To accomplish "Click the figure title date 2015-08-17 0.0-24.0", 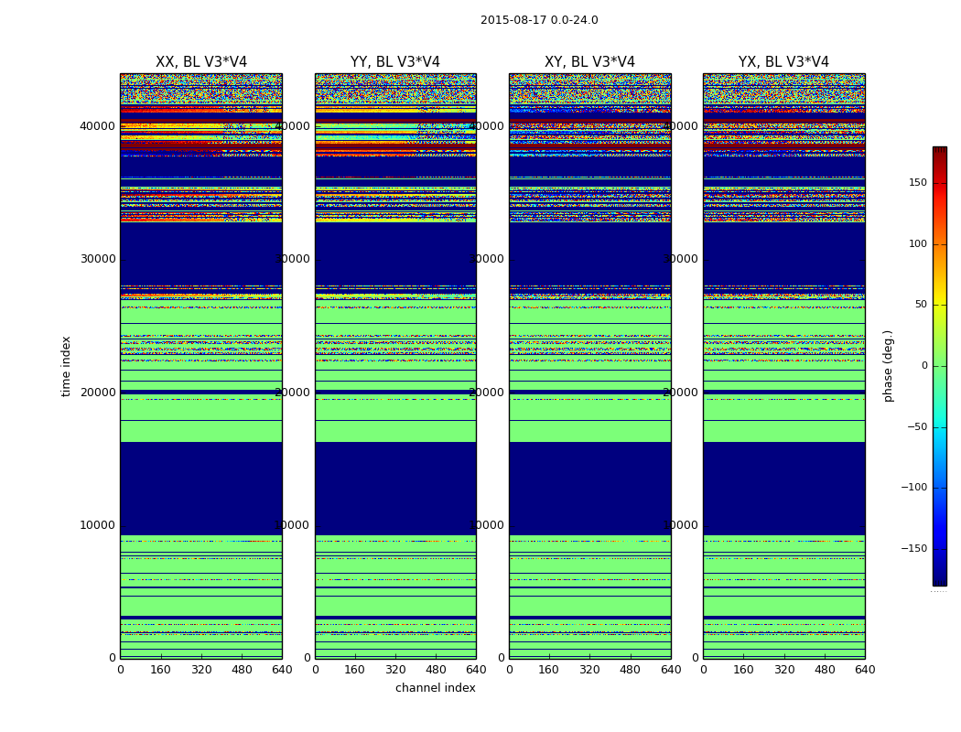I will tap(539, 20).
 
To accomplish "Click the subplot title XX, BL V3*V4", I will tap(201, 62).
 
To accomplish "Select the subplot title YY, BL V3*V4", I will tap(395, 62).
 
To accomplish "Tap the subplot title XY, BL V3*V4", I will tap(589, 62).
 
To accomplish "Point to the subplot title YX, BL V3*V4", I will tap(783, 62).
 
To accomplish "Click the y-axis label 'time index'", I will tap(66, 366).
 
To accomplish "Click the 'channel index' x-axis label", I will tap(435, 688).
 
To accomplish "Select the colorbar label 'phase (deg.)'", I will tap(888, 366).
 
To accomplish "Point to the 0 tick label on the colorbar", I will tap(924, 366).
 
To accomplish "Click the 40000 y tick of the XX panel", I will tap(99, 126).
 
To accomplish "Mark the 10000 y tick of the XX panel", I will tap(99, 525).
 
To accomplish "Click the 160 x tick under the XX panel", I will tap(161, 670).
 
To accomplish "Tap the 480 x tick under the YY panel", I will tap(436, 670).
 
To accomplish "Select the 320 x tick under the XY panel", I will tap(589, 670).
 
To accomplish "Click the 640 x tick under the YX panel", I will tap(864, 670).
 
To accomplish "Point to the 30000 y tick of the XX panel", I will tap(99, 259).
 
